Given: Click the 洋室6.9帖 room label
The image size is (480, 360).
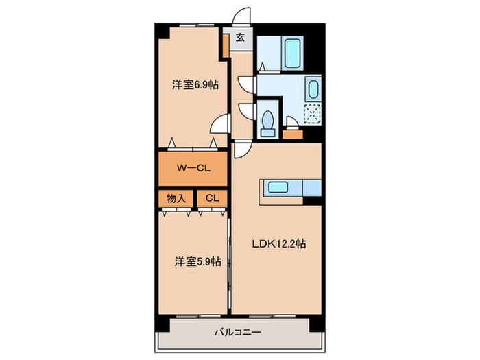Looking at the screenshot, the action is [195, 84].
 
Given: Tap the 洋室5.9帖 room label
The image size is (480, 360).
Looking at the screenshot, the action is [197, 261].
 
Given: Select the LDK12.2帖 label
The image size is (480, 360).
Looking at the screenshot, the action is [279, 243].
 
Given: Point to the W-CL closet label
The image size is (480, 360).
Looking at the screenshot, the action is [193, 168].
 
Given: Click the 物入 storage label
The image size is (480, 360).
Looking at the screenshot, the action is [176, 198].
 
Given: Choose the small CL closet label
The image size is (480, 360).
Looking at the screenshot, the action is [213, 198].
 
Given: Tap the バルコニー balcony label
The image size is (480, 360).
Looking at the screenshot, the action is [238, 332].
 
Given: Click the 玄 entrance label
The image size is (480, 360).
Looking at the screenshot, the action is [241, 38].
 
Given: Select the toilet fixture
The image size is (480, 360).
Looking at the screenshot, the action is [268, 123].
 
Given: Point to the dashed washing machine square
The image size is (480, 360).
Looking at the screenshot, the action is [312, 114].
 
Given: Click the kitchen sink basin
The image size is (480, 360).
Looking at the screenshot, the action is [278, 187].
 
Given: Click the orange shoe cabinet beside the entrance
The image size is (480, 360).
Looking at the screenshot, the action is [226, 46].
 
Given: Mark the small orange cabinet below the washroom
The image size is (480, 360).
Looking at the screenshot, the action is [293, 134].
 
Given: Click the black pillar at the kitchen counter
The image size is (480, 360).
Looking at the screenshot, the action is [312, 201].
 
